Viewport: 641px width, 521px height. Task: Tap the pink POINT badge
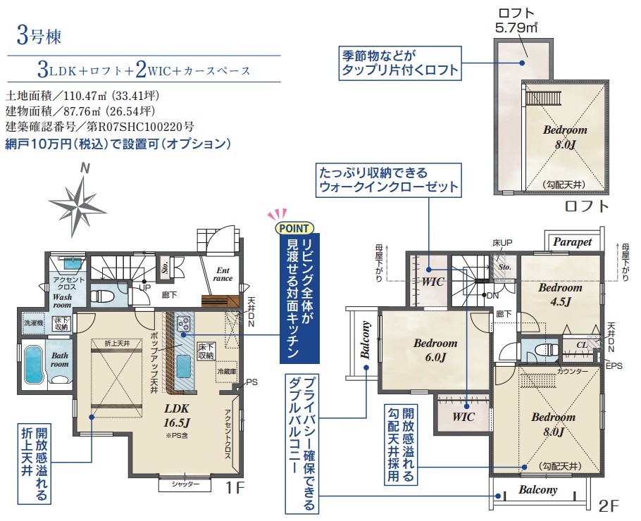click(x=293, y=228)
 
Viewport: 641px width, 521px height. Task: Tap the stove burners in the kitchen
click(x=185, y=323)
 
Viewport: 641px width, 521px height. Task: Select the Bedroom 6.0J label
click(x=435, y=350)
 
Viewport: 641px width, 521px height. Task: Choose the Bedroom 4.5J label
click(x=560, y=294)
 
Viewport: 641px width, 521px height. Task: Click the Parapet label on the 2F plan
click(x=572, y=241)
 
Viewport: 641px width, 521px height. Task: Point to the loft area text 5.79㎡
click(x=516, y=29)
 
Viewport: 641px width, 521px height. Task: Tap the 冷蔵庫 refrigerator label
click(x=226, y=371)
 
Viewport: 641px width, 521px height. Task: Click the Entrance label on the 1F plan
click(x=223, y=273)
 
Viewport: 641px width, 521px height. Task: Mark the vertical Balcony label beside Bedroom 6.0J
click(x=366, y=341)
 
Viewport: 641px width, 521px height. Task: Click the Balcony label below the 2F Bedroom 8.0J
click(x=538, y=490)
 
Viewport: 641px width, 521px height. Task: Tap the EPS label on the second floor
click(x=614, y=366)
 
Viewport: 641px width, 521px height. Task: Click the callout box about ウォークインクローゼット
click(x=388, y=179)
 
